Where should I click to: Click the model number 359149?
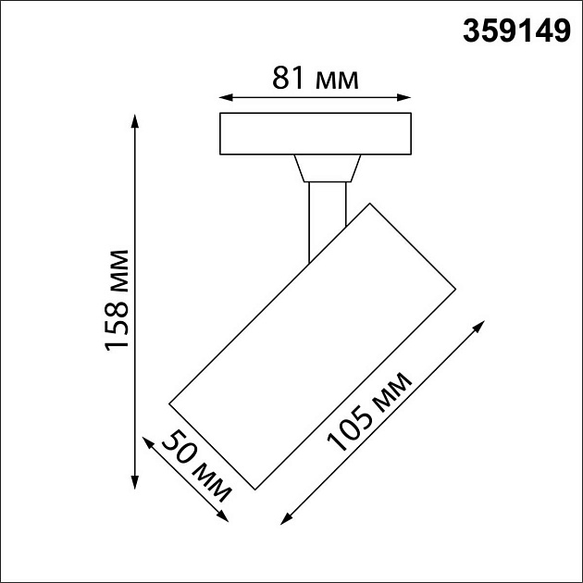[515, 32]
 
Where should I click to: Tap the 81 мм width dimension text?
[315, 79]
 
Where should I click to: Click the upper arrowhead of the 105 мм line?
[481, 325]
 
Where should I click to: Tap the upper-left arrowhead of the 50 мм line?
[144, 442]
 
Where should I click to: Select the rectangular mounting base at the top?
[315, 134]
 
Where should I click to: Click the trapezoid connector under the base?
[325, 168]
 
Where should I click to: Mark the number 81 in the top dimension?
[290, 79]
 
